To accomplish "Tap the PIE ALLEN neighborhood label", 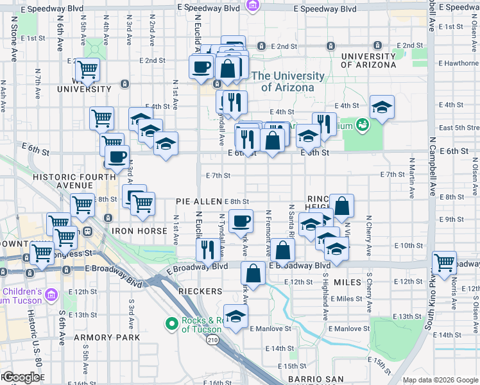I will (199, 201).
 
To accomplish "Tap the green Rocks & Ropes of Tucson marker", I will (171, 325).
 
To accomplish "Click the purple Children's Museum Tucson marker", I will (52, 295).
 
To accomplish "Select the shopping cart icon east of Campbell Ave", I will (444, 262).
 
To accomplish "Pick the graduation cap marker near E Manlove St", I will (236, 316).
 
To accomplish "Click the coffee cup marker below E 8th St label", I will (241, 221).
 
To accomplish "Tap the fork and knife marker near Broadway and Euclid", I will (207, 249).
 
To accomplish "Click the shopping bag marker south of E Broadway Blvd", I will (253, 273).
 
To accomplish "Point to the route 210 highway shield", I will (212, 339).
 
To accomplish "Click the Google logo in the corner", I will (22, 377).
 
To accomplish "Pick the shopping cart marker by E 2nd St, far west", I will (87, 69).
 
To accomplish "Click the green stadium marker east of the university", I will (362, 123).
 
